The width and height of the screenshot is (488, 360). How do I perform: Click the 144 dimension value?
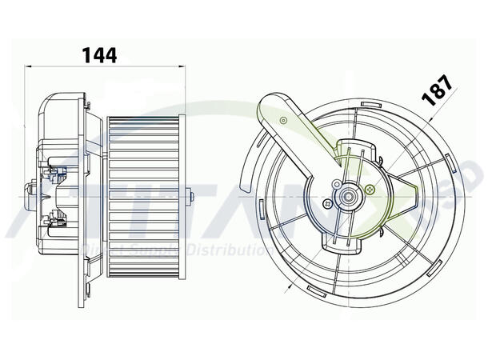[99, 54]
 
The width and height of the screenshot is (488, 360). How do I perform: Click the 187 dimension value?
[438, 89]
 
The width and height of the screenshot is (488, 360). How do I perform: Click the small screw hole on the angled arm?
[284, 119]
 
